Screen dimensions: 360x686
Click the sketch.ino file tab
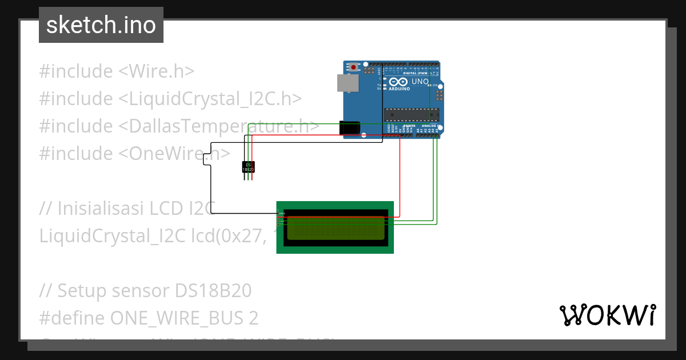[101, 25]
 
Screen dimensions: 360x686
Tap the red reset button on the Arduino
[354, 67]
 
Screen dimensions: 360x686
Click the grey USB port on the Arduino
[346, 83]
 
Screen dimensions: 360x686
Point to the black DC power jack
[349, 129]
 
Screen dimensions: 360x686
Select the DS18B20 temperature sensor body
[248, 167]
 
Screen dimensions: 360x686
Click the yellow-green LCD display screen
[336, 227]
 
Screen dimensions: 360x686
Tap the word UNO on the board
[420, 82]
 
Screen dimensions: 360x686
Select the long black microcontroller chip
[411, 115]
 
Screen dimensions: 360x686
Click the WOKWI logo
[607, 315]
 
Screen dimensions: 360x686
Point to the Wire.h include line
[117, 71]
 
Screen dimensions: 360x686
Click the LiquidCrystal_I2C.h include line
[170, 99]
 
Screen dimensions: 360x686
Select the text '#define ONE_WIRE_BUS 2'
[149, 318]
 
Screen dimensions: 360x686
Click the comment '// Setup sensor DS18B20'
[145, 291]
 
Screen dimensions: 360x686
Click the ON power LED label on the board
[434, 85]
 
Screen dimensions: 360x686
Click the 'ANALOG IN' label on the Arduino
[430, 125]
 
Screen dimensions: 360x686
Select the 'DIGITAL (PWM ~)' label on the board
[416, 73]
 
